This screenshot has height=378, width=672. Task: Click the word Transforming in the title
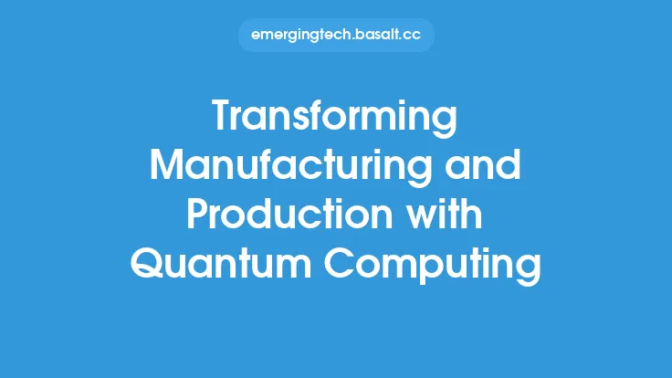[335, 120]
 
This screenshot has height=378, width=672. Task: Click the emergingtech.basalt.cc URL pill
[335, 36]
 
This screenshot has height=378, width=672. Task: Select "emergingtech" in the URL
[299, 36]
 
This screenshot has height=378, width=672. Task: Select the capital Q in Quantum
[150, 266]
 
